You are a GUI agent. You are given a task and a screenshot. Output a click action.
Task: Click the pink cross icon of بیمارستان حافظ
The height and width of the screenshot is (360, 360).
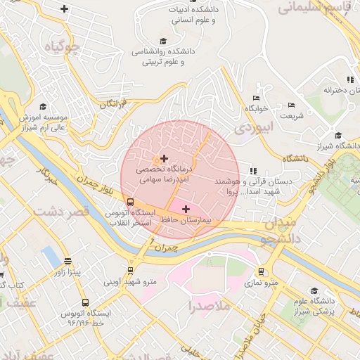186,209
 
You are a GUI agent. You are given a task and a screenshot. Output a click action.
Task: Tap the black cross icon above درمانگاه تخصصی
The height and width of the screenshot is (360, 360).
165,158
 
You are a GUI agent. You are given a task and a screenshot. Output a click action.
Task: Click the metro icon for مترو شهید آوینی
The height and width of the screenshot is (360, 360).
130,271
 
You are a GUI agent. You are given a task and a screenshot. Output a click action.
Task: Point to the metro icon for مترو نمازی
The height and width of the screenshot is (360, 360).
262,271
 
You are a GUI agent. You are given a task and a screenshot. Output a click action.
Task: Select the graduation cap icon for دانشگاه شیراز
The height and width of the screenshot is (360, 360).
338,136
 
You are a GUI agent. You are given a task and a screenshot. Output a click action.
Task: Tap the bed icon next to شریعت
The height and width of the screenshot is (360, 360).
291,105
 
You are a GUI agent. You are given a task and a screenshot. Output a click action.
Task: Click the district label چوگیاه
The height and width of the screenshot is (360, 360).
63,49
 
